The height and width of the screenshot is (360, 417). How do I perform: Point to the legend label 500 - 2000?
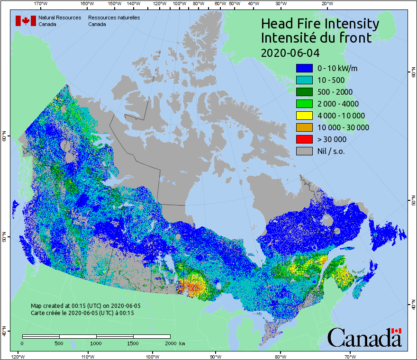tap(335, 92)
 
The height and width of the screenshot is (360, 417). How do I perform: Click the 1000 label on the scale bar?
tap(96, 343)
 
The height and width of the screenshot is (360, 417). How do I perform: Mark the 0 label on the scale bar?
tap(22, 343)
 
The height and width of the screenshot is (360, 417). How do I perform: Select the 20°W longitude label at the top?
tap(326, 3)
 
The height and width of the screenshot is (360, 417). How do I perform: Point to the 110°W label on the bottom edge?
tap(87, 356)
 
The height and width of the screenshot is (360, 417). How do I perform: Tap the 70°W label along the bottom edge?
tap(350, 356)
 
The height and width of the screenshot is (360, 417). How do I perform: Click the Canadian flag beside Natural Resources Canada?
tap(26, 21)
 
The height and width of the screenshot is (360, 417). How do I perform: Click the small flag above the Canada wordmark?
tap(396, 331)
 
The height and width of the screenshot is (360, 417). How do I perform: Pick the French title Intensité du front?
tap(317, 38)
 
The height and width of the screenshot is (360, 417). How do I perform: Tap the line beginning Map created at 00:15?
tap(85, 306)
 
